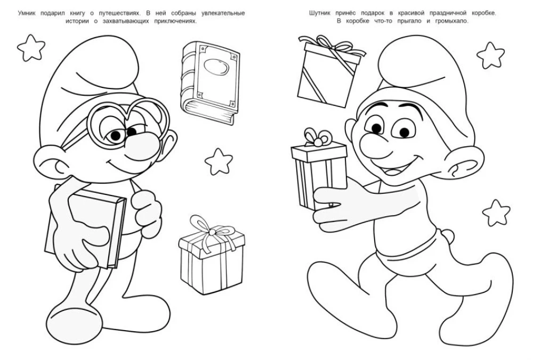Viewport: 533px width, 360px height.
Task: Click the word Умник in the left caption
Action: point(27,13)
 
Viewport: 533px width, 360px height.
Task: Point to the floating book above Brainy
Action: point(209,83)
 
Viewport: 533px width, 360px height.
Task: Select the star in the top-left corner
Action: point(31,47)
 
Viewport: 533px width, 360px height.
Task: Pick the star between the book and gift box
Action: point(219,161)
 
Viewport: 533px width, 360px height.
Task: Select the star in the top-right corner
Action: point(490,55)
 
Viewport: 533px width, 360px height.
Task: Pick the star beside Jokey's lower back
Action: point(496,212)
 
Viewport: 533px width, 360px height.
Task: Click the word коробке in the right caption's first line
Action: point(484,13)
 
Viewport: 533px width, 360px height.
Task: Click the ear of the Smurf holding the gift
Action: point(463,162)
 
